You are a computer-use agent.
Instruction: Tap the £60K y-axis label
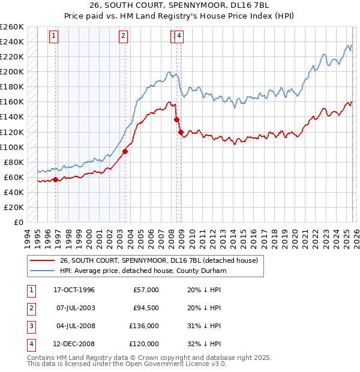13,177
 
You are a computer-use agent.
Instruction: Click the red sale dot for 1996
56,179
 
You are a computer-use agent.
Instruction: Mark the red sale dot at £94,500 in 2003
125,151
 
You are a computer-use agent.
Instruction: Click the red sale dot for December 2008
181,132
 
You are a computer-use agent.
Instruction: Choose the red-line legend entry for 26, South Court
158,260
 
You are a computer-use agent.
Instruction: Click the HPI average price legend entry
142,271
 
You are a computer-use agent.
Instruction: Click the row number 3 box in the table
30,326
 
